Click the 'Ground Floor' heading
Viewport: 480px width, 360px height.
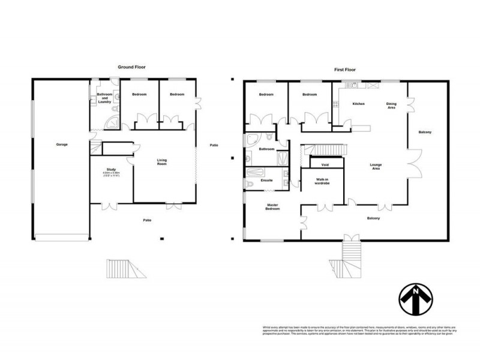point(131,68)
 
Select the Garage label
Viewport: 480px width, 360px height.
point(61,145)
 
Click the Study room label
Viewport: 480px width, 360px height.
point(110,170)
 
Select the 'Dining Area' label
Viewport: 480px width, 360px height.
point(391,105)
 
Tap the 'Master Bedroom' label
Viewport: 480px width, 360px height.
point(274,208)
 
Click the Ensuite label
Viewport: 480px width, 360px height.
point(267,180)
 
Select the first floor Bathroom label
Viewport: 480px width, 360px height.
point(266,149)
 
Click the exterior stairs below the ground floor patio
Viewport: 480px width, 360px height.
point(126,268)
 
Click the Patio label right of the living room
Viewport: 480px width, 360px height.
point(214,145)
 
